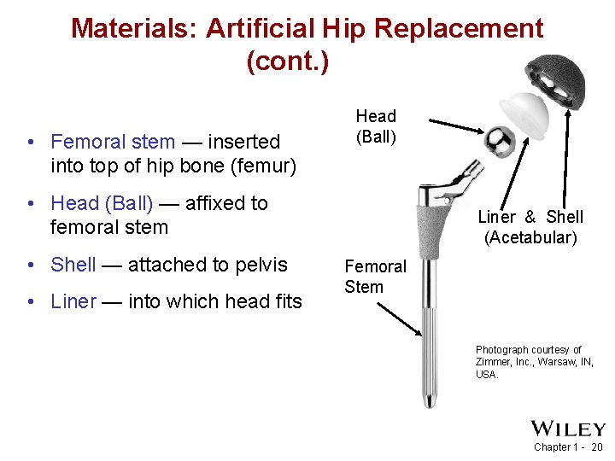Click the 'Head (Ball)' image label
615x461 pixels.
tap(376, 126)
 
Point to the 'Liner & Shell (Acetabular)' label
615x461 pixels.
tap(530, 227)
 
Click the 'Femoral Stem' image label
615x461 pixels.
tap(375, 277)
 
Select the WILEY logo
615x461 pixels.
tap(567, 429)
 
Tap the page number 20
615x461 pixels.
tap(596, 447)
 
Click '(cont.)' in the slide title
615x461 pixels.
tap(287, 61)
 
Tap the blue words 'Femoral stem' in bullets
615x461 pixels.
tap(113, 142)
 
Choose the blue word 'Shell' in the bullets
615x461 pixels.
tap(73, 265)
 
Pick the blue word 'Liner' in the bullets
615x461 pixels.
tap(73, 301)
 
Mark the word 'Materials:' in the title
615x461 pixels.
tap(134, 28)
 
